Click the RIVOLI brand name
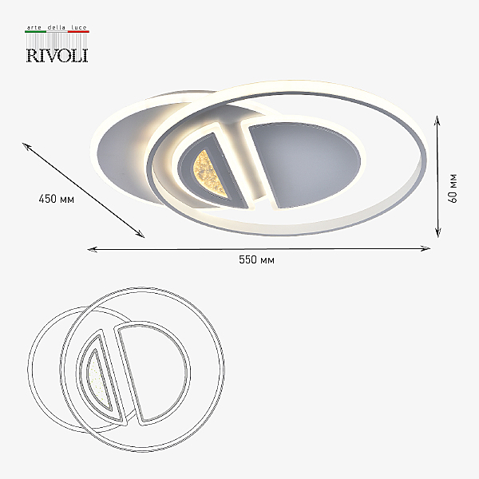57,56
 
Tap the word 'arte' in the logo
34,27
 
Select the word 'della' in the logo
57,27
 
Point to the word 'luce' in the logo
79,27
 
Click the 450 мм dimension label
57,199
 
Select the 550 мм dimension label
256,259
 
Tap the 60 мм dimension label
453,188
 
